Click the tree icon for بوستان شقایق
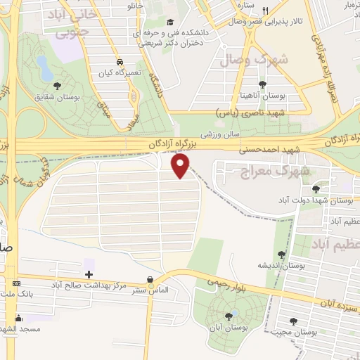[58, 85]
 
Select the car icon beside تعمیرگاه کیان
[120, 61]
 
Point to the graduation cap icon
[173, 22]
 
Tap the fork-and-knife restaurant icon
[264, 11]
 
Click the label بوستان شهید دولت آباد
[326, 200]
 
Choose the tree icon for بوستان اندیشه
[282, 255]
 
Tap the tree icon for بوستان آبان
[229, 316]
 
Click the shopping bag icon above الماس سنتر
[150, 280]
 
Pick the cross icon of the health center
[89, 274]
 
